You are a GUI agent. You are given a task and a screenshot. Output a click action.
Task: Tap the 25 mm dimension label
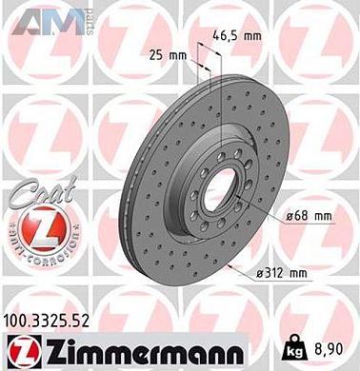(168, 54)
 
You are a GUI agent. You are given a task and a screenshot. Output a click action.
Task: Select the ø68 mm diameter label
(309, 217)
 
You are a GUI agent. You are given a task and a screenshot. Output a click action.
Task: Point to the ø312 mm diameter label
(282, 274)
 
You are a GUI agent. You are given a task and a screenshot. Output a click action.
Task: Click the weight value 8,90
(330, 349)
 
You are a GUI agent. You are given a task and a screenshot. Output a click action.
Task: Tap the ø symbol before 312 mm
(260, 274)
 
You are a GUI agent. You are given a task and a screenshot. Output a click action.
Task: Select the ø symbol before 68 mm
(290, 217)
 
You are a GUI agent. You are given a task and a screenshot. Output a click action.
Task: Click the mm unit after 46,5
(251, 36)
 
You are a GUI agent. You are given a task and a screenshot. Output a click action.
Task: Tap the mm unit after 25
(177, 54)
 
